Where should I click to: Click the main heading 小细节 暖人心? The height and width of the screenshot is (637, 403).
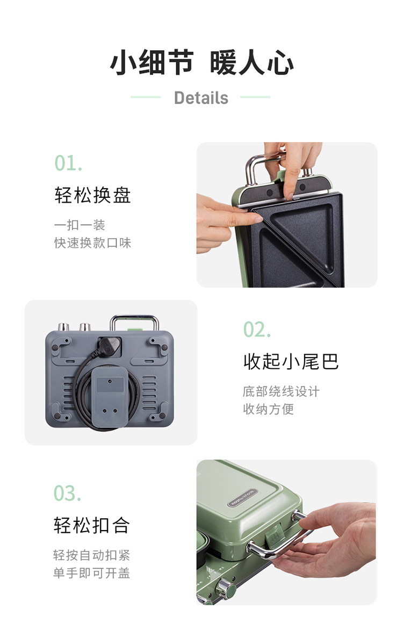(201, 62)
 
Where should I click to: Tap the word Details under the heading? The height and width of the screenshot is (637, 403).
(201, 98)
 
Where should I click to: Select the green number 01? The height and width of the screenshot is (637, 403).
(69, 163)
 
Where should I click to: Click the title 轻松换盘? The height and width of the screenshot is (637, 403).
(92, 195)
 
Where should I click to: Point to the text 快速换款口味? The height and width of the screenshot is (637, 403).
(92, 243)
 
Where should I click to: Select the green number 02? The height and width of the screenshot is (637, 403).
(257, 330)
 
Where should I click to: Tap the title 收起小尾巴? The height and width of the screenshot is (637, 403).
(291, 361)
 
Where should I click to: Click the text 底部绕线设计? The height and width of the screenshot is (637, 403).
(281, 392)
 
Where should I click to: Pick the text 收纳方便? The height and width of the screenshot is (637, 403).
(268, 409)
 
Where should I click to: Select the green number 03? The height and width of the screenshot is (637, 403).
(68, 493)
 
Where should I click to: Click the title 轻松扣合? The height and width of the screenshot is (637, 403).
(92, 525)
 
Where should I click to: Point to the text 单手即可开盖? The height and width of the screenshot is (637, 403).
(91, 573)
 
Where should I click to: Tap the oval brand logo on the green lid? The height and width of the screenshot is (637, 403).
(242, 498)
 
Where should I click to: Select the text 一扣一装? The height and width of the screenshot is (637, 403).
(80, 225)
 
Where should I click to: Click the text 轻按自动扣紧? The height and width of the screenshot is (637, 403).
(91, 555)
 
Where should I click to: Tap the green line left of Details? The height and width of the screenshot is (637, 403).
(146, 97)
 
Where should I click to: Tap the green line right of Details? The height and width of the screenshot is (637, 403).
(255, 97)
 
